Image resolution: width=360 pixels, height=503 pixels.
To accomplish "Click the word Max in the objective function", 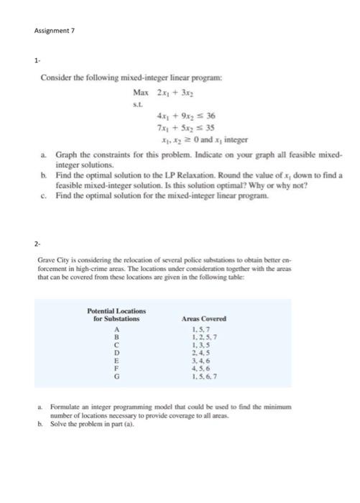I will coord(140,92).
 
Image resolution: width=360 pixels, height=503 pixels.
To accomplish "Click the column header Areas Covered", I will coord(205,318).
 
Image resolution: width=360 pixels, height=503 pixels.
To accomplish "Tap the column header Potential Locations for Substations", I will coord(116,314).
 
